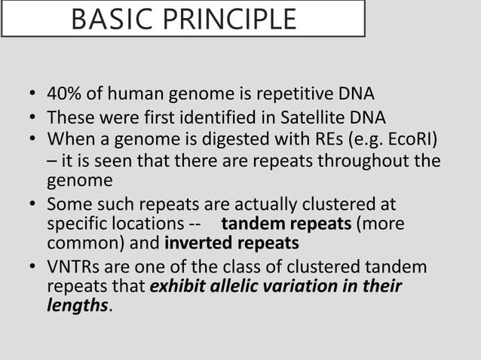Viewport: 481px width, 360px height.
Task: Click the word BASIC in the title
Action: pyautogui.click(x=108, y=20)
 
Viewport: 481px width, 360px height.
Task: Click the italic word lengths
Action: pyautogui.click(x=78, y=307)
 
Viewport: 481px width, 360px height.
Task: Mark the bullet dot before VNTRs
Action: pyautogui.click(x=32, y=268)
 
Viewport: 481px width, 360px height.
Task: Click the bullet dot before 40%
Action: pyautogui.click(x=32, y=96)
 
